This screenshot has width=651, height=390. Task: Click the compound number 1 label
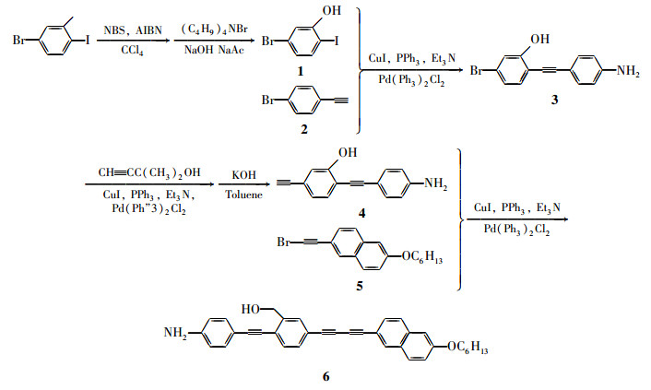[x=301, y=71]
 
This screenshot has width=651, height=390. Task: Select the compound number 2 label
[x=304, y=130]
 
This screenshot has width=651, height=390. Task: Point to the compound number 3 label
[x=555, y=100]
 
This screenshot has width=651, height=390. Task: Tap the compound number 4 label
[x=361, y=214]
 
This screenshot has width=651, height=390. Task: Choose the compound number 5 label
[x=360, y=286]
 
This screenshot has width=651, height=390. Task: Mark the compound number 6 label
[x=325, y=377]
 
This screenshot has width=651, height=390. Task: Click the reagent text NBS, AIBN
[x=133, y=30]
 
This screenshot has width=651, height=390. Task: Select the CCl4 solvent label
[x=132, y=51]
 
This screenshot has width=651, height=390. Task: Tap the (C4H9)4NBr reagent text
[x=214, y=30]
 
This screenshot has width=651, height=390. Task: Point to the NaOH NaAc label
[x=214, y=51]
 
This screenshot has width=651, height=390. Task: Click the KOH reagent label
[x=243, y=175]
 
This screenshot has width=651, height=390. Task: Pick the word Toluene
[x=243, y=195]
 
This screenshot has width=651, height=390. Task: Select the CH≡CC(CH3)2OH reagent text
[x=149, y=172]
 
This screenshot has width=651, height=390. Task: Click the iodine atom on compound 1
[x=337, y=41]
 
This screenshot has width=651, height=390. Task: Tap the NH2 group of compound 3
[x=628, y=71]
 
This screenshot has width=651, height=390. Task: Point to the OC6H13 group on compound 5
[x=421, y=257]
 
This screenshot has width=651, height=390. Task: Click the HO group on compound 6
[x=251, y=310]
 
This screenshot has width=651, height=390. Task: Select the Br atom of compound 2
[x=268, y=100]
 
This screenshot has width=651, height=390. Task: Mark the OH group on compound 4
[x=348, y=153]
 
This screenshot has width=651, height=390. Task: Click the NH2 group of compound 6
[x=175, y=333]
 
